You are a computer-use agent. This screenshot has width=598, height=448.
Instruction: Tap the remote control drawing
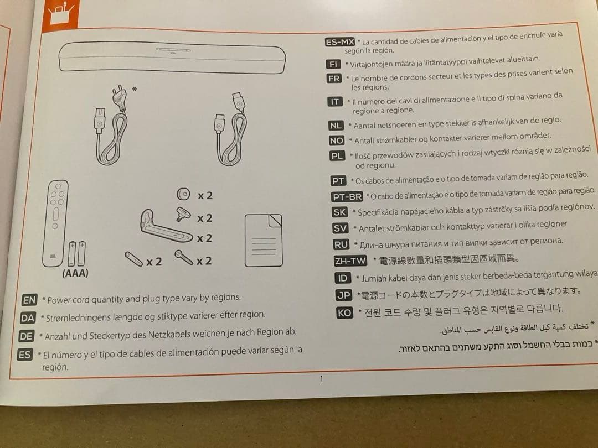pos(56,223)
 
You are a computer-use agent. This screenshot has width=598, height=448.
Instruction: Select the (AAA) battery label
pos(75,273)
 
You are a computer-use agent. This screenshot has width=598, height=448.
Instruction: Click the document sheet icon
pos(264,241)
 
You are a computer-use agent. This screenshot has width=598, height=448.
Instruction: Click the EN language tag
pos(29,300)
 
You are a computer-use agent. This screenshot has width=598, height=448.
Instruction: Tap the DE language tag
pos(27,336)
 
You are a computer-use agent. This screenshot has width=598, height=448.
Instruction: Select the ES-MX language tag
pos(340,41)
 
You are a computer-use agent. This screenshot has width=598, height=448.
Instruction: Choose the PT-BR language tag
pos(347,196)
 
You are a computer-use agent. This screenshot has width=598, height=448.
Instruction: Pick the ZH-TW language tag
pos(350,261)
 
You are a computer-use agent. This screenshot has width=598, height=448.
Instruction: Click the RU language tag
pos(341,244)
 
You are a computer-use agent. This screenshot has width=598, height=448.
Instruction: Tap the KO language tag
pos(344,312)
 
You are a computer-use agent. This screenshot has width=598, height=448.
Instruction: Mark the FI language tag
pos(333,64)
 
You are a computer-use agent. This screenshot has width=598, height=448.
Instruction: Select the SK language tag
pos(339,212)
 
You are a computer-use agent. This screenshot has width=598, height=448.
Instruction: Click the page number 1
pos(322,379)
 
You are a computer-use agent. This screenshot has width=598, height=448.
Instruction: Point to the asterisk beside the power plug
pos(134,90)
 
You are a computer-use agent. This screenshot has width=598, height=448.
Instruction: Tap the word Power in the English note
pos(59,300)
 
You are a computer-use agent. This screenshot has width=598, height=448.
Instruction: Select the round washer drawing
pos(183,194)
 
